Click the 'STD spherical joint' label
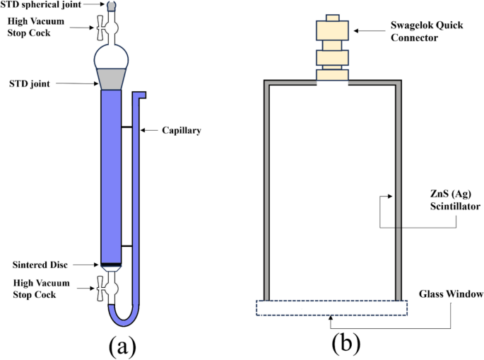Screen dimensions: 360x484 (43, 6)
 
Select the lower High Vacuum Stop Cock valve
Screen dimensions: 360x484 (110, 288)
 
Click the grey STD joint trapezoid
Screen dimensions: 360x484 (112, 79)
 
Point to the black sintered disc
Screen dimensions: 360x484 (112, 266)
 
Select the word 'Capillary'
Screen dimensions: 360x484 (182, 130)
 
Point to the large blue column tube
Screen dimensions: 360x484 (112, 177)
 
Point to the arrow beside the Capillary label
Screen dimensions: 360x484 (150, 130)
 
